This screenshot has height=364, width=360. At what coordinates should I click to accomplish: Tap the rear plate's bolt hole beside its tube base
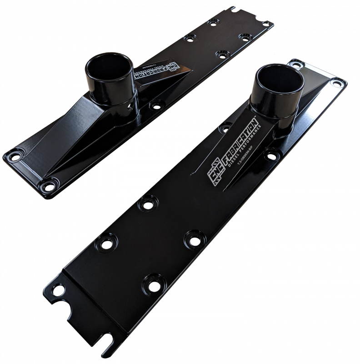tap(156, 104)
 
